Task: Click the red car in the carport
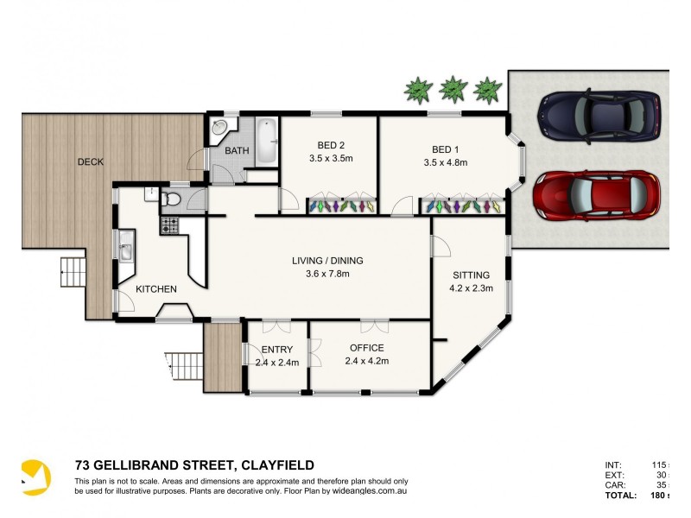pos(597,195)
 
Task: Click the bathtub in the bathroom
pos(266,142)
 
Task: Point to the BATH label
pos(237,151)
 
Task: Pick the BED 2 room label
pos(330,146)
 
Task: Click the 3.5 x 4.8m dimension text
pos(445,161)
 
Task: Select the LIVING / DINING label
pos(326,260)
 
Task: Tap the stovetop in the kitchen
pos(168,226)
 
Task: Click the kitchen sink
pos(126,250)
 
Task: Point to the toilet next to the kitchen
pos(171,201)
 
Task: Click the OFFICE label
pos(366,348)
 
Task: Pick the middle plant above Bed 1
pos(452,88)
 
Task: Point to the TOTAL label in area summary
pos(621,496)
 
